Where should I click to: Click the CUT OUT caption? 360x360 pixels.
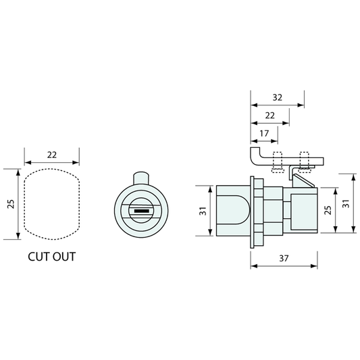pyautogui.click(x=51, y=257)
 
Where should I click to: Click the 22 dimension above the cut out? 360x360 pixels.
pyautogui.click(x=52, y=155)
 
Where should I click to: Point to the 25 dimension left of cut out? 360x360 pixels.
pyautogui.click(x=11, y=204)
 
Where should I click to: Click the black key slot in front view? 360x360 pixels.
pyautogui.click(x=141, y=211)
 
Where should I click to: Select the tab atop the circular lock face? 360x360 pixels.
pyautogui.click(x=141, y=178)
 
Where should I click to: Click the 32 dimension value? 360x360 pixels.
pyautogui.click(x=278, y=97)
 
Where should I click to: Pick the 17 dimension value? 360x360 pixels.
pyautogui.click(x=264, y=133)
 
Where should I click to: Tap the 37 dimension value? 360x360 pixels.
pyautogui.click(x=284, y=259)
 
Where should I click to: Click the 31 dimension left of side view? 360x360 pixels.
pyautogui.click(x=203, y=211)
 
